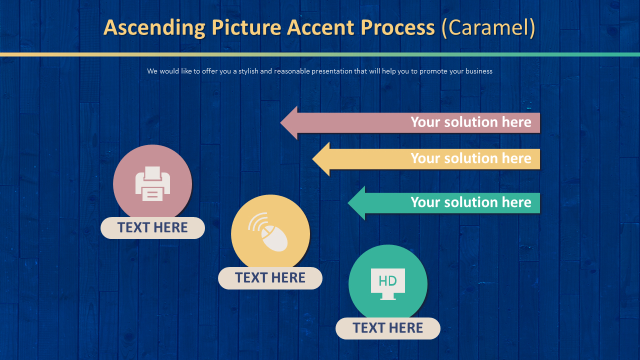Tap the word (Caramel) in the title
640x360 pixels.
[x=488, y=28]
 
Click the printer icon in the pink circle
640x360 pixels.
[x=152, y=183]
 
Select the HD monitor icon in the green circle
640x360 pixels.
[x=388, y=283]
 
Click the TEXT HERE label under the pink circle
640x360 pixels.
[x=152, y=228]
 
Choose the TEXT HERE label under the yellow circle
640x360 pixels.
[x=270, y=278]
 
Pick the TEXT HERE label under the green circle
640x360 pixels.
[x=387, y=328]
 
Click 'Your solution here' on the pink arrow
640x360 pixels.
[x=470, y=122]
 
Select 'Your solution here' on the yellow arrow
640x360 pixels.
[x=470, y=158]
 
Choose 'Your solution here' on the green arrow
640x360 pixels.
[x=470, y=202]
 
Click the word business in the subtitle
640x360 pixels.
[x=478, y=71]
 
